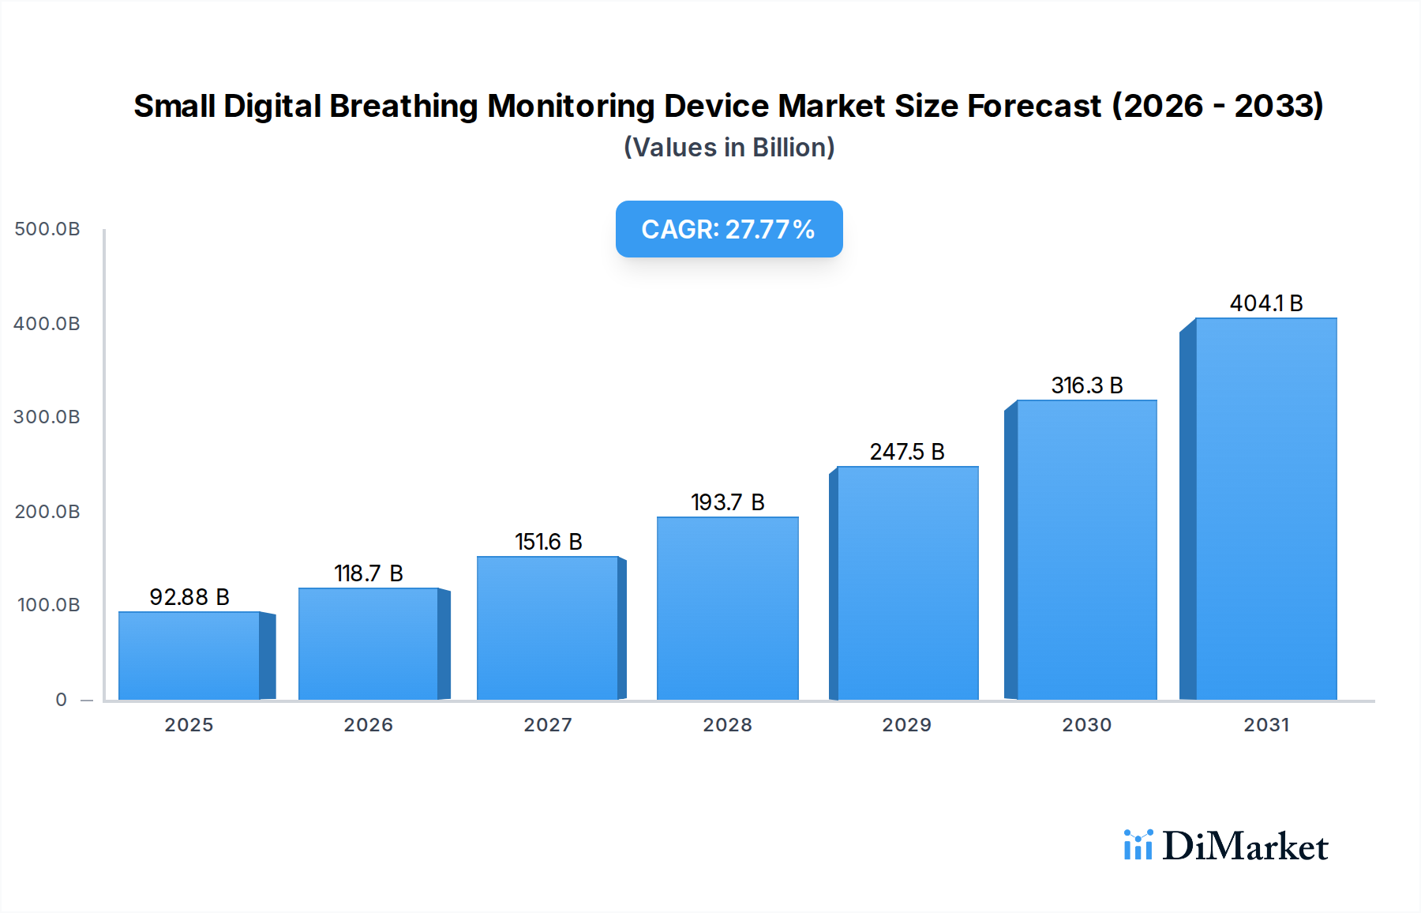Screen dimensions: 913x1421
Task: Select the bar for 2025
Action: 189,656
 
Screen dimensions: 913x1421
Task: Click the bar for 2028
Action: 727,608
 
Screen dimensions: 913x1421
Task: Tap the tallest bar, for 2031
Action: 1265,509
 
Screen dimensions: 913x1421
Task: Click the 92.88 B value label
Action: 189,597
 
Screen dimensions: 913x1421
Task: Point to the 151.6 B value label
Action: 549,542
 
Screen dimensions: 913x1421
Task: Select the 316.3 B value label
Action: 1087,385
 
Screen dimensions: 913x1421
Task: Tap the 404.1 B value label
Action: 1266,303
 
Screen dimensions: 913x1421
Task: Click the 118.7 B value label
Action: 369,573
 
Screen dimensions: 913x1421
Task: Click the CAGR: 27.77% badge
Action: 729,229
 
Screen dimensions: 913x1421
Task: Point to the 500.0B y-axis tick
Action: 47,229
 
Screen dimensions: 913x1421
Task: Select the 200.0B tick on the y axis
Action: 47,512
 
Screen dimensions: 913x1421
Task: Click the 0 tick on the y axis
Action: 61,700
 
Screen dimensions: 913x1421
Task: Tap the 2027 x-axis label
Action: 548,725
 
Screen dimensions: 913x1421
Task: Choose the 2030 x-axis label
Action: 1086,725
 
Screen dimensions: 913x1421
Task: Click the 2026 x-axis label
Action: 368,725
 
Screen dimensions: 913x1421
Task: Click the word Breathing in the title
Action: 403,106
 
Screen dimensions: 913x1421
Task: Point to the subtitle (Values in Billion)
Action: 729,148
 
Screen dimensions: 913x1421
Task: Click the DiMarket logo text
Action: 1245,847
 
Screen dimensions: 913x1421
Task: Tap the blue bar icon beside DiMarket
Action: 1138,845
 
